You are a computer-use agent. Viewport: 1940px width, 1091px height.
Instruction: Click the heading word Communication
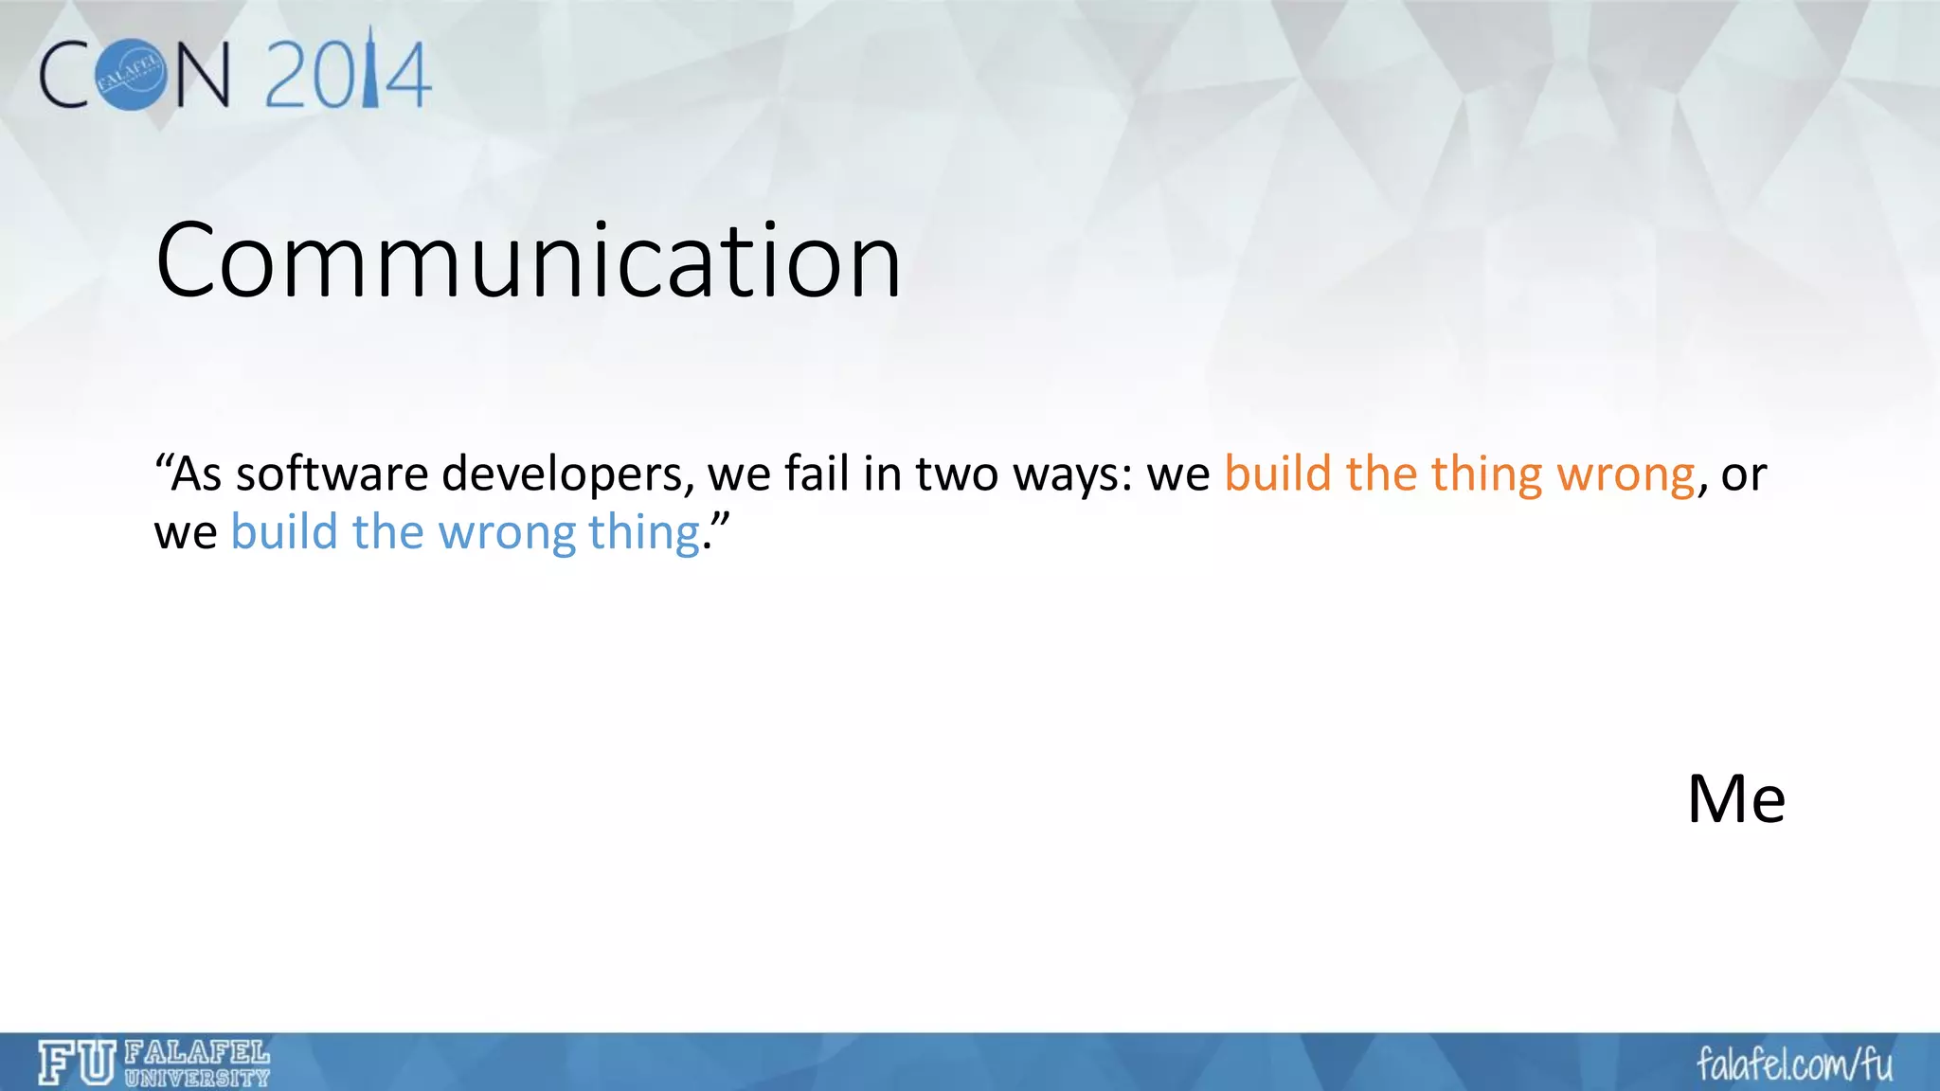click(x=529, y=259)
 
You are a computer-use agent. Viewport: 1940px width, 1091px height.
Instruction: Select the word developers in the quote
click(x=566, y=475)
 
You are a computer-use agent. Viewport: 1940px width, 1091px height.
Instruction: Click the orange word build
click(x=1278, y=474)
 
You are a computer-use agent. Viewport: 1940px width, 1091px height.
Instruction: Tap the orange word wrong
click(x=1626, y=475)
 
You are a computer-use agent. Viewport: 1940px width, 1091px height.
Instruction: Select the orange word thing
click(x=1486, y=475)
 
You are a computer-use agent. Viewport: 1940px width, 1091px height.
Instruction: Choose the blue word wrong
click(x=507, y=533)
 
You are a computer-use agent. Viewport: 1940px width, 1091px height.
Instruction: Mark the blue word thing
click(x=644, y=533)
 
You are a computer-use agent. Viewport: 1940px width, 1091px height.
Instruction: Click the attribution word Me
click(x=1736, y=798)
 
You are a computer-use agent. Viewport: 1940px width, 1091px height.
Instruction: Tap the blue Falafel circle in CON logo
click(x=134, y=75)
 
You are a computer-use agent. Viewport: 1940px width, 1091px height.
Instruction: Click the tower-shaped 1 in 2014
click(x=370, y=72)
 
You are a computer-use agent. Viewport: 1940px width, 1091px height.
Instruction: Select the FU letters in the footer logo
click(x=77, y=1063)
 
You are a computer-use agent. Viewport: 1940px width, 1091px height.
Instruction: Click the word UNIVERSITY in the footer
click(x=197, y=1078)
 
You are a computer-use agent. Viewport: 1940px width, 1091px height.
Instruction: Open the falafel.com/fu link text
click(x=1794, y=1064)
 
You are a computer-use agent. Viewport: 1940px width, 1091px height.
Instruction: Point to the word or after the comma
click(x=1744, y=475)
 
